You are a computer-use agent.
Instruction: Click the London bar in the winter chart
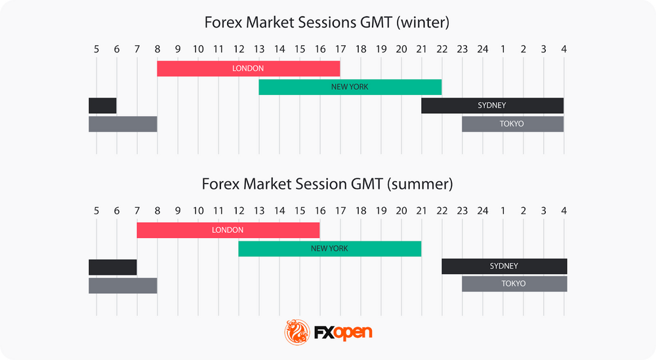pyautogui.click(x=248, y=68)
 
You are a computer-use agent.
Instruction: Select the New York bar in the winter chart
pyautogui.click(x=350, y=87)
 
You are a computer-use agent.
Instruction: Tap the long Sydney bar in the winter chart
pyautogui.click(x=492, y=105)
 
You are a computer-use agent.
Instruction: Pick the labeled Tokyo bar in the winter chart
pyautogui.click(x=512, y=123)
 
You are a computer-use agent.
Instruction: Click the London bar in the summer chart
pyautogui.click(x=228, y=230)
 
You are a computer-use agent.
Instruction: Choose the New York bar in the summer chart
pyautogui.click(x=329, y=249)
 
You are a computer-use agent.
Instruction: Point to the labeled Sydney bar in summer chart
pyautogui.click(x=504, y=266)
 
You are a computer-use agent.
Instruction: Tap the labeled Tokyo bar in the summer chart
pyautogui.click(x=514, y=284)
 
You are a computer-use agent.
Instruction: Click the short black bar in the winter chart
pyautogui.click(x=102, y=105)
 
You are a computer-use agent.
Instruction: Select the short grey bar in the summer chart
pyautogui.click(x=123, y=285)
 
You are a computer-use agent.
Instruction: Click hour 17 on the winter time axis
pyautogui.click(x=340, y=49)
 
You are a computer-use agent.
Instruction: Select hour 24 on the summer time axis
pyautogui.click(x=482, y=210)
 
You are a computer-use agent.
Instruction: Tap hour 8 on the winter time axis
pyautogui.click(x=157, y=49)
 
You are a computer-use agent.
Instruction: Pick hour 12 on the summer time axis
pyautogui.click(x=238, y=210)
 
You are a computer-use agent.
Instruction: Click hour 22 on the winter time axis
pyautogui.click(x=441, y=49)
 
